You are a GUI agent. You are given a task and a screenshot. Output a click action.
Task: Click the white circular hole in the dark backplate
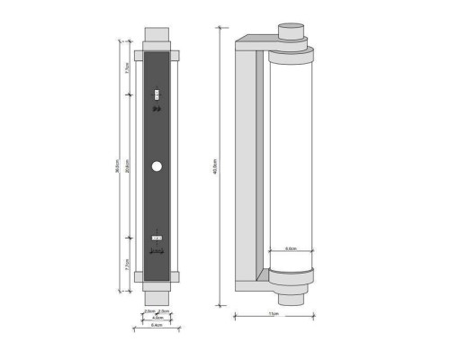point(157,166)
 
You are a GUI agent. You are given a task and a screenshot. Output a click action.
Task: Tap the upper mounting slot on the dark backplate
point(157,93)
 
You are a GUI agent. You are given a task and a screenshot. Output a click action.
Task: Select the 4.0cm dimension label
point(157,317)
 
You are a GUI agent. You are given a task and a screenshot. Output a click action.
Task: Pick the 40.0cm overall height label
point(216,166)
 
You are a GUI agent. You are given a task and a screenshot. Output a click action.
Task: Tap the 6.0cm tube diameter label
point(292,248)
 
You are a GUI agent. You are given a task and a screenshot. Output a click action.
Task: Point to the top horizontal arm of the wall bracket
point(256,42)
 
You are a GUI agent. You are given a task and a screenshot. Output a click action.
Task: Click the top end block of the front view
point(157,40)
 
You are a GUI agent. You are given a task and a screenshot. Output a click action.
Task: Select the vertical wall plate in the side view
point(245,166)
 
